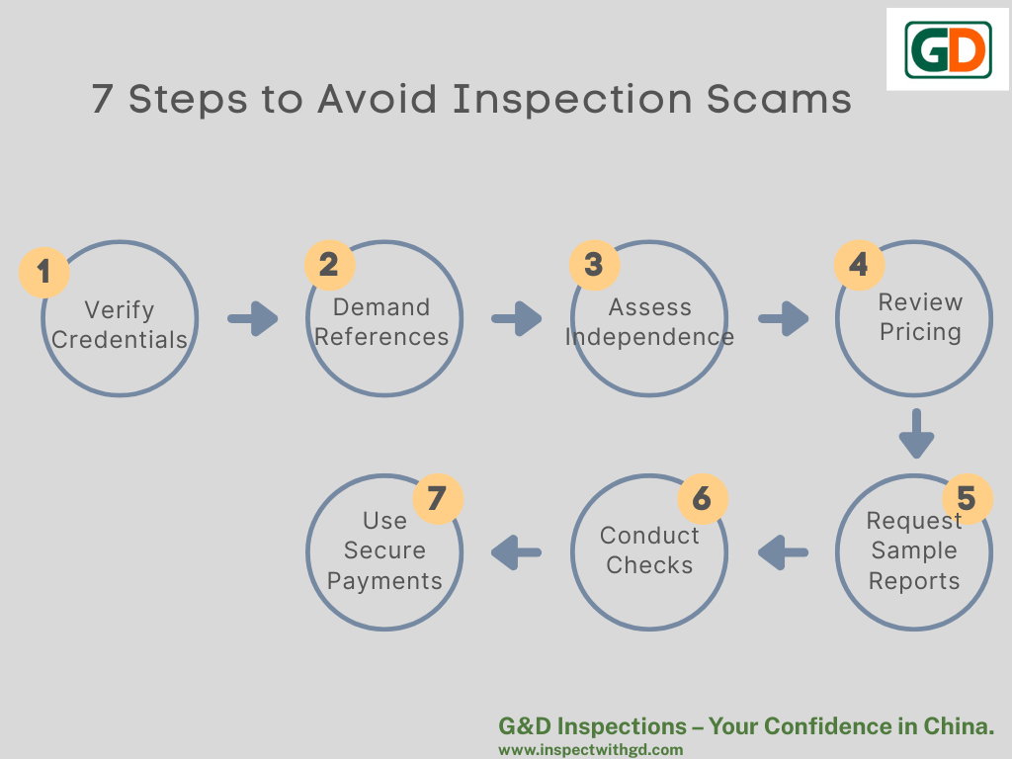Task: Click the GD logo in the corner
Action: click(x=948, y=49)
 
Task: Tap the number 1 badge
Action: click(x=43, y=272)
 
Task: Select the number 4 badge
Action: click(x=859, y=265)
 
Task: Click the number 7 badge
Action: click(x=438, y=498)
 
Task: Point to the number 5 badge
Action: click(x=967, y=498)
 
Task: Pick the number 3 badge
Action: click(x=594, y=265)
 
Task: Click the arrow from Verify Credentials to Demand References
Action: click(x=253, y=318)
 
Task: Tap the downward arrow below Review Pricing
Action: click(x=916, y=433)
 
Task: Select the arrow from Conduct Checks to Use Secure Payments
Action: click(x=516, y=552)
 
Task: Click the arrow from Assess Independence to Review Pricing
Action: click(x=783, y=318)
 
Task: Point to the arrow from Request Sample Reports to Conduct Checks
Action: click(x=783, y=552)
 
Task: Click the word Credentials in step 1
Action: click(x=120, y=340)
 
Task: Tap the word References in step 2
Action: click(x=381, y=337)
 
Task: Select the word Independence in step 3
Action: click(x=649, y=337)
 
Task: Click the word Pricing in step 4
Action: click(x=920, y=332)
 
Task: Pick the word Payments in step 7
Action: click(x=384, y=581)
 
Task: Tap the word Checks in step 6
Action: click(x=649, y=565)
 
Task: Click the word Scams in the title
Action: click(x=779, y=100)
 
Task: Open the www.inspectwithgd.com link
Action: click(x=591, y=750)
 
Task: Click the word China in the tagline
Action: click(x=958, y=726)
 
